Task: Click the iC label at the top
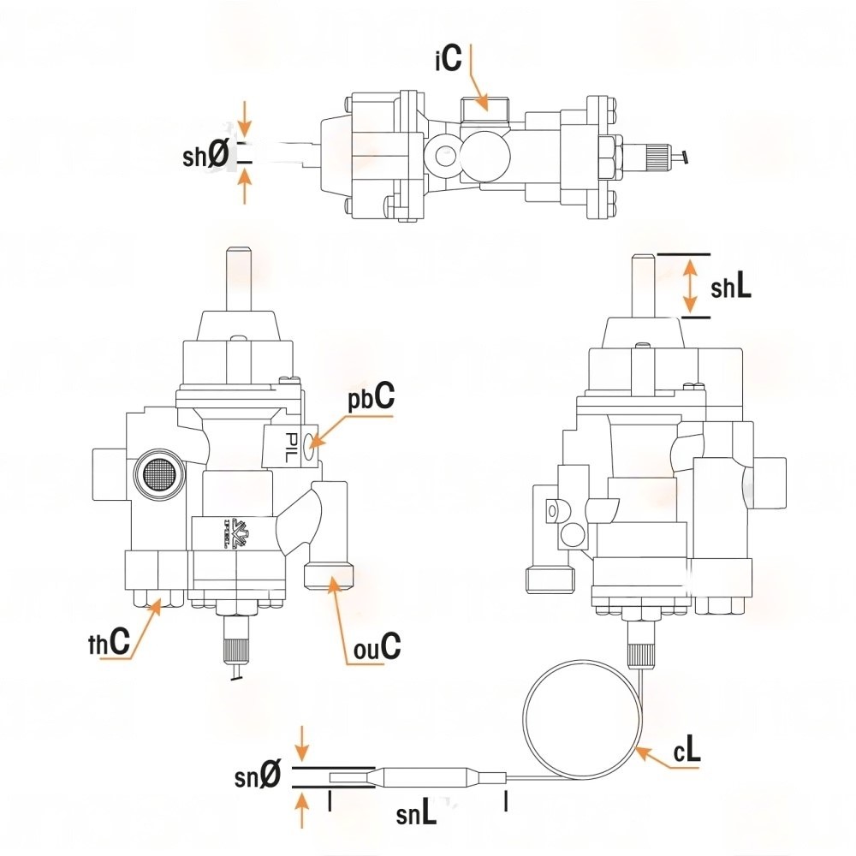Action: pyautogui.click(x=448, y=59)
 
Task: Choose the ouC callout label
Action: pyautogui.click(x=377, y=647)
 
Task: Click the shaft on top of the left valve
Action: pyautogui.click(x=237, y=278)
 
